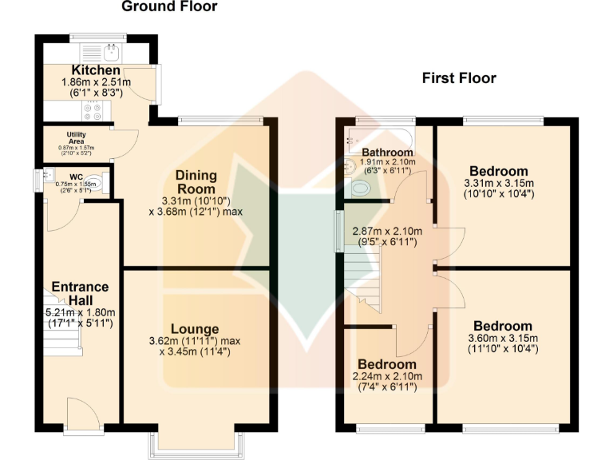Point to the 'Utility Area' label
click(x=77, y=135)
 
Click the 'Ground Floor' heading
click(x=168, y=7)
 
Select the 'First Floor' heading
click(x=459, y=78)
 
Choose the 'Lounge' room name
click(x=195, y=328)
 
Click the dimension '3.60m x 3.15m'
click(x=502, y=338)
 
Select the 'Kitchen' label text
click(x=96, y=71)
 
